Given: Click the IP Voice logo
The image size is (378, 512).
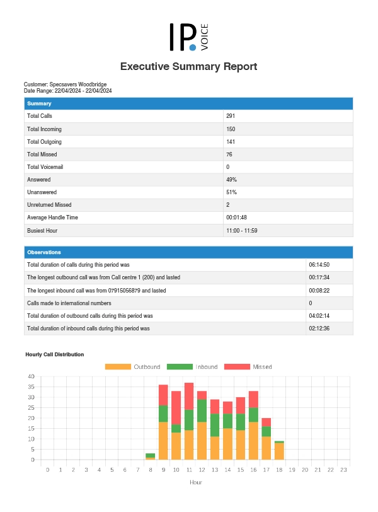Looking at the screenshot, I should click(188, 37).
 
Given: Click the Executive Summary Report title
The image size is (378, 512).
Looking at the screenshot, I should click(188, 66).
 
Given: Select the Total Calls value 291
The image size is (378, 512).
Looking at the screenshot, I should click(231, 116).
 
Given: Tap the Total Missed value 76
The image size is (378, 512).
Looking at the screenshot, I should click(230, 154).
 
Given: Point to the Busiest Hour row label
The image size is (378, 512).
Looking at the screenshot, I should click(42, 230).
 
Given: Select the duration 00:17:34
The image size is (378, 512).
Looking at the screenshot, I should click(319, 277).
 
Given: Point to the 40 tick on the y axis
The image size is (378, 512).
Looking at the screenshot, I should click(31, 376).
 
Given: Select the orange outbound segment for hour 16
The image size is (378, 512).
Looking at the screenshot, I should click(253, 441).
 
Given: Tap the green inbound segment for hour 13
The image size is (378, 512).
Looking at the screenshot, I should click(215, 425).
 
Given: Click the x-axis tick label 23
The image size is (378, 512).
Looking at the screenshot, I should click(343, 470).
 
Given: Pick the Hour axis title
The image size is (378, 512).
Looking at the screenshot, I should click(195, 482).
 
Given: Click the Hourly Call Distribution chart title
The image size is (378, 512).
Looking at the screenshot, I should click(55, 354).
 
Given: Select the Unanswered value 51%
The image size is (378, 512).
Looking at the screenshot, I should click(231, 192).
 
